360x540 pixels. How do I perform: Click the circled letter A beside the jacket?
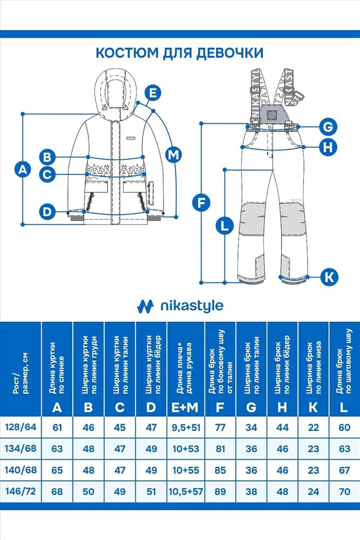tap(22, 169)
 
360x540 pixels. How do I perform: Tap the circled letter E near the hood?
tap(154, 93)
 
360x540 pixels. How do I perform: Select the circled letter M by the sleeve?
tap(173, 155)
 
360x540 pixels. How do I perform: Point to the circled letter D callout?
tap(47, 212)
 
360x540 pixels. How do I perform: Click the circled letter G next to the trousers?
tap(328, 127)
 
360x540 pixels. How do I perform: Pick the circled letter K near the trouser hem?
tap(329, 278)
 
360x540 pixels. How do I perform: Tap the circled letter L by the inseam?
tap(225, 225)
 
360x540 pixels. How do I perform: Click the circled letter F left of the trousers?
tap(201, 203)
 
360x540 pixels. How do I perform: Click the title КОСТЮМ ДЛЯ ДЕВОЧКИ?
tap(179, 53)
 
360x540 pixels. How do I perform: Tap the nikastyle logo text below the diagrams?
tap(192, 307)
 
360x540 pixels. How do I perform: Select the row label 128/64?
tap(21, 427)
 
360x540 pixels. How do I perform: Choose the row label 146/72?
tap(21, 491)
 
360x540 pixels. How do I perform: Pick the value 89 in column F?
tap(220, 491)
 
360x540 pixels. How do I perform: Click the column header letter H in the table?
tap(282, 407)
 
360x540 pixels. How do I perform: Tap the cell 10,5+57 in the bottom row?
tap(186, 491)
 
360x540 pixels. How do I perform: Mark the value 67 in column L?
tap(344, 470)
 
